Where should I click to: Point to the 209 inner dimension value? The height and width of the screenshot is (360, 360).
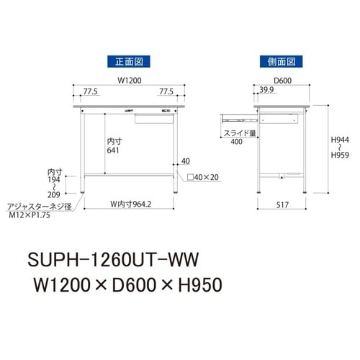click(x=54, y=195)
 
